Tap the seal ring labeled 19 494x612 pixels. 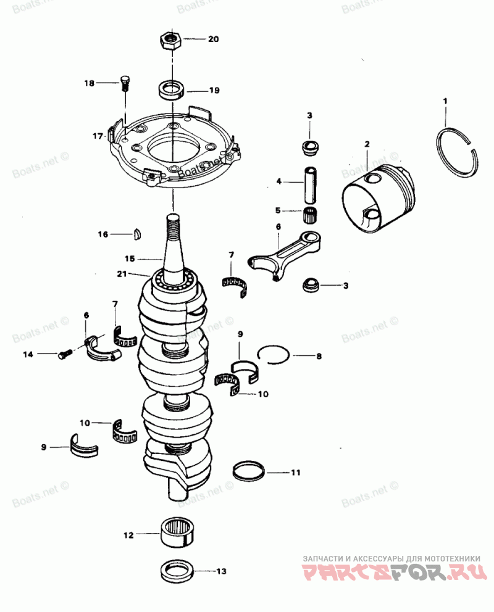pyautogui.click(x=172, y=90)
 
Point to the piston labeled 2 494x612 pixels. pyautogui.click(x=379, y=201)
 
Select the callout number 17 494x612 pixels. pyautogui.click(x=97, y=136)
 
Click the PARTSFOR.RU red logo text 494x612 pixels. pyautogui.click(x=392, y=571)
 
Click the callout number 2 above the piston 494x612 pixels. pyautogui.click(x=367, y=144)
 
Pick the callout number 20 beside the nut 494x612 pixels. pyautogui.click(x=213, y=39)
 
